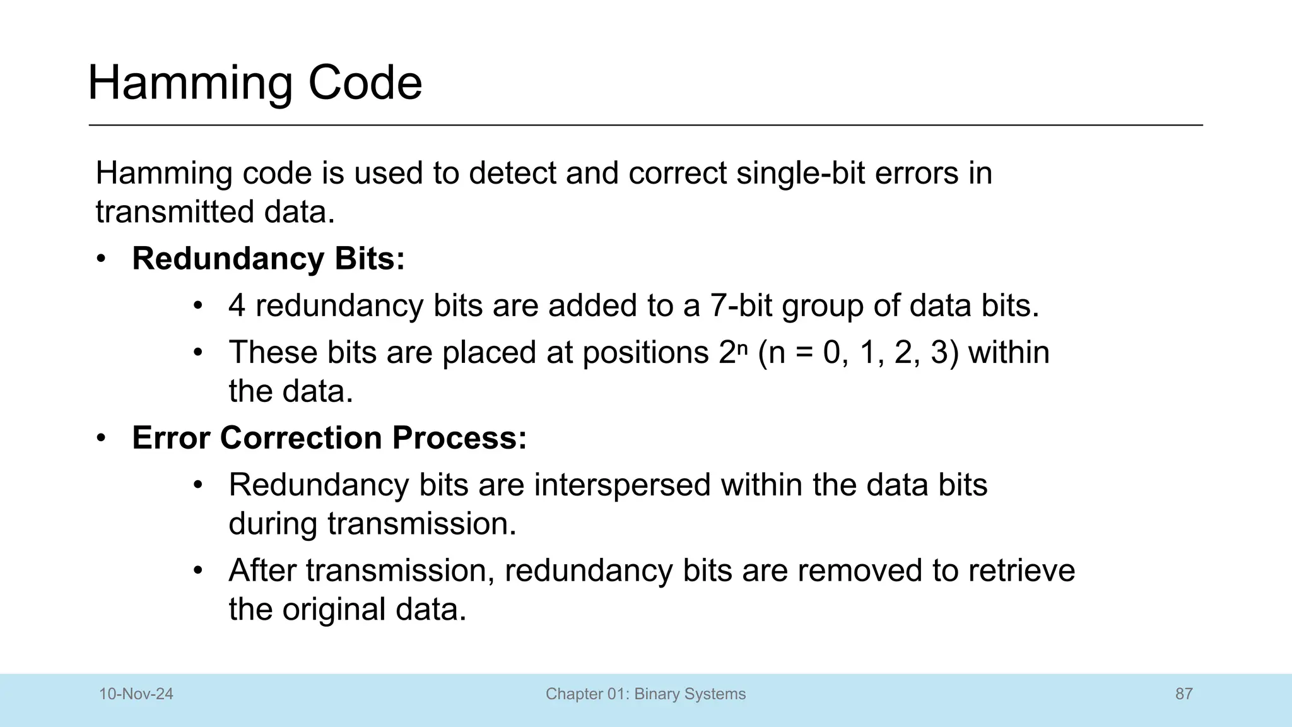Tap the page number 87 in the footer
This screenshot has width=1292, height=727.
pos(1183,694)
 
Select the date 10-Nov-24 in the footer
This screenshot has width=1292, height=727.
pos(136,694)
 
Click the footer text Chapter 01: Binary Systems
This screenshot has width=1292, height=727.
pos(645,694)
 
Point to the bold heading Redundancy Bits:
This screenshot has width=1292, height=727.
pos(268,259)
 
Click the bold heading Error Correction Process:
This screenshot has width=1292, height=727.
pos(329,438)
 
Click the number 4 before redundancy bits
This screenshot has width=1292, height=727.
pos(237,306)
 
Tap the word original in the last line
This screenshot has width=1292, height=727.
pos(334,610)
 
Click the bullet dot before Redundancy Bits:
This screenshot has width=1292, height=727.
pos(102,259)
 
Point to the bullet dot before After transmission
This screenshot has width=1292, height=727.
pos(198,570)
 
